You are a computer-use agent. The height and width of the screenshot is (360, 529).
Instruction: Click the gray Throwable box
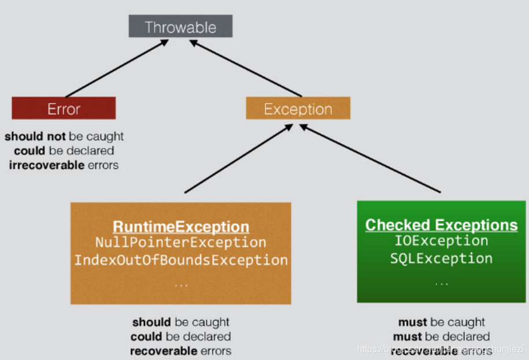point(180,27)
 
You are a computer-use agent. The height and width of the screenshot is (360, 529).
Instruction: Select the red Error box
point(64,109)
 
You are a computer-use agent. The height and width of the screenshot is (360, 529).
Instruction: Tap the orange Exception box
point(298,109)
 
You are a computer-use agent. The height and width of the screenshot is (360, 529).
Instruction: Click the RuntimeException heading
point(181,227)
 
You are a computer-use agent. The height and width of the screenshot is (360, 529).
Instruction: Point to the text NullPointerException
point(181,243)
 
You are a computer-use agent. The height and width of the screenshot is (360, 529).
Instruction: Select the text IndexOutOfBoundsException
point(181,260)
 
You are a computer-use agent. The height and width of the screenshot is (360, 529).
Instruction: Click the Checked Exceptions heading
point(441,225)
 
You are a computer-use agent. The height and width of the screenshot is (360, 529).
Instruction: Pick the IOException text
point(441,241)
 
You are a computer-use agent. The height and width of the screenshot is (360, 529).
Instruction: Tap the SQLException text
point(441,258)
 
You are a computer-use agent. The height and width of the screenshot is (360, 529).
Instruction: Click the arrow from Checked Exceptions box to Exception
point(370,159)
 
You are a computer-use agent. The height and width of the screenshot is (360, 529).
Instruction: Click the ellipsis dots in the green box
point(441,283)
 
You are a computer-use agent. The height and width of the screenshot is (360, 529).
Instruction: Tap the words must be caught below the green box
point(441,322)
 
